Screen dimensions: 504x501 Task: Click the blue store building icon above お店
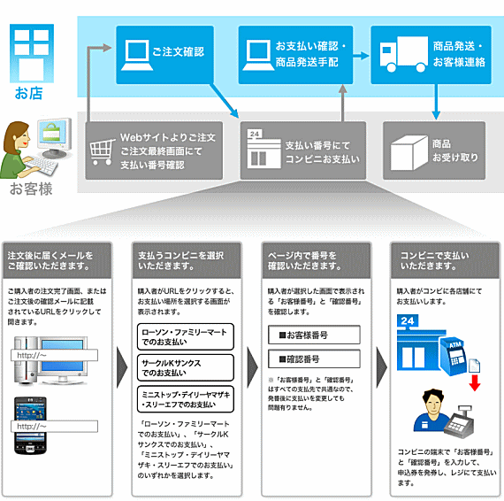point(32,53)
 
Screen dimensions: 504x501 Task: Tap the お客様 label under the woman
point(31,189)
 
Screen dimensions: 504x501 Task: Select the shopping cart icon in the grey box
point(103,152)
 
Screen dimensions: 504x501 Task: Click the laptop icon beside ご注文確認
point(137,55)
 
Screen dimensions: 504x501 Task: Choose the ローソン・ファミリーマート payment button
point(186,337)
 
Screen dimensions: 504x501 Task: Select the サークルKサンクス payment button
point(186,368)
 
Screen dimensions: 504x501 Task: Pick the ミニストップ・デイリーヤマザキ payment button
point(186,399)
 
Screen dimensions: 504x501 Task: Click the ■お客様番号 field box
point(314,335)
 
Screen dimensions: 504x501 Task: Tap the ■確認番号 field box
point(314,358)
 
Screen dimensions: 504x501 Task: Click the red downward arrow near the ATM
point(475,382)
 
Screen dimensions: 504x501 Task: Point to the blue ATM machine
point(454,356)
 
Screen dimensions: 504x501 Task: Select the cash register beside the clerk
point(459,422)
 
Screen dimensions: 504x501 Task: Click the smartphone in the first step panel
point(30,426)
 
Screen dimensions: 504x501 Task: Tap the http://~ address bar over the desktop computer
point(54,355)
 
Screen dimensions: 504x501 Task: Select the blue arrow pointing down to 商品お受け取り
point(436,102)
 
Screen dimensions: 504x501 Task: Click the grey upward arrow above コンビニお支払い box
point(343,103)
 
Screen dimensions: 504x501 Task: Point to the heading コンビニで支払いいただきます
point(434,260)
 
